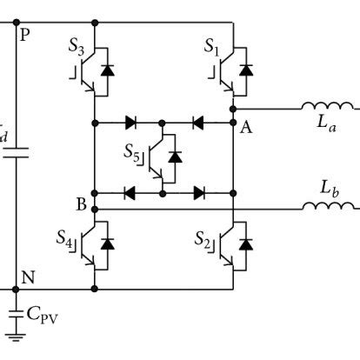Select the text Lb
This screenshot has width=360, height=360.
point(327,187)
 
